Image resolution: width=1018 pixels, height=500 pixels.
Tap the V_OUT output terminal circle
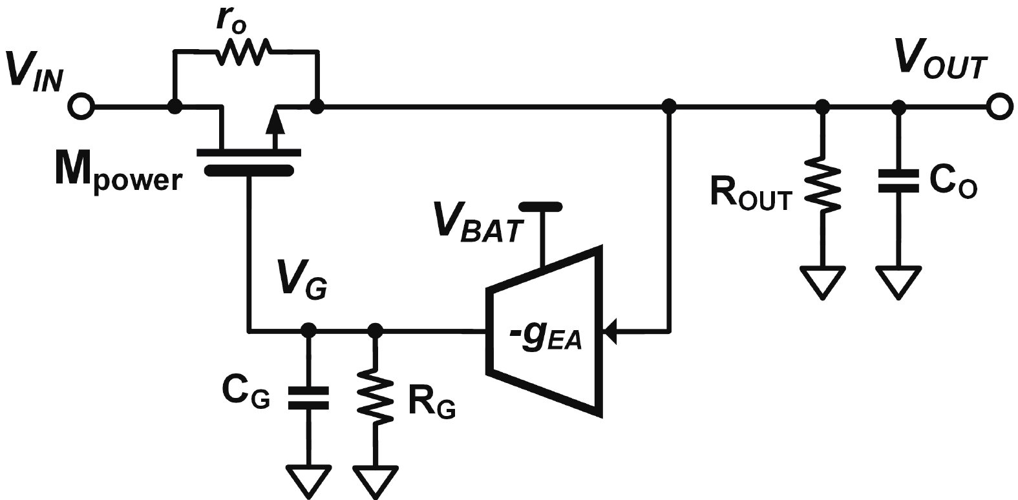[x=999, y=107]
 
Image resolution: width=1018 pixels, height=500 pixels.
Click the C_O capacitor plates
[x=898, y=182]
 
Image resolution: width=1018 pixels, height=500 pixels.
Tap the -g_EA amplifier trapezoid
[x=547, y=329]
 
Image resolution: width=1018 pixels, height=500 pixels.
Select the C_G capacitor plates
[x=308, y=397]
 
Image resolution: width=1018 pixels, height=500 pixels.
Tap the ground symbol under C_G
[x=308, y=480]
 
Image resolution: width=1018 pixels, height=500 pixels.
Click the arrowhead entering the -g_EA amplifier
[x=611, y=331]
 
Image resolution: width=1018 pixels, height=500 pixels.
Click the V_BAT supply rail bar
[x=541, y=207]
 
